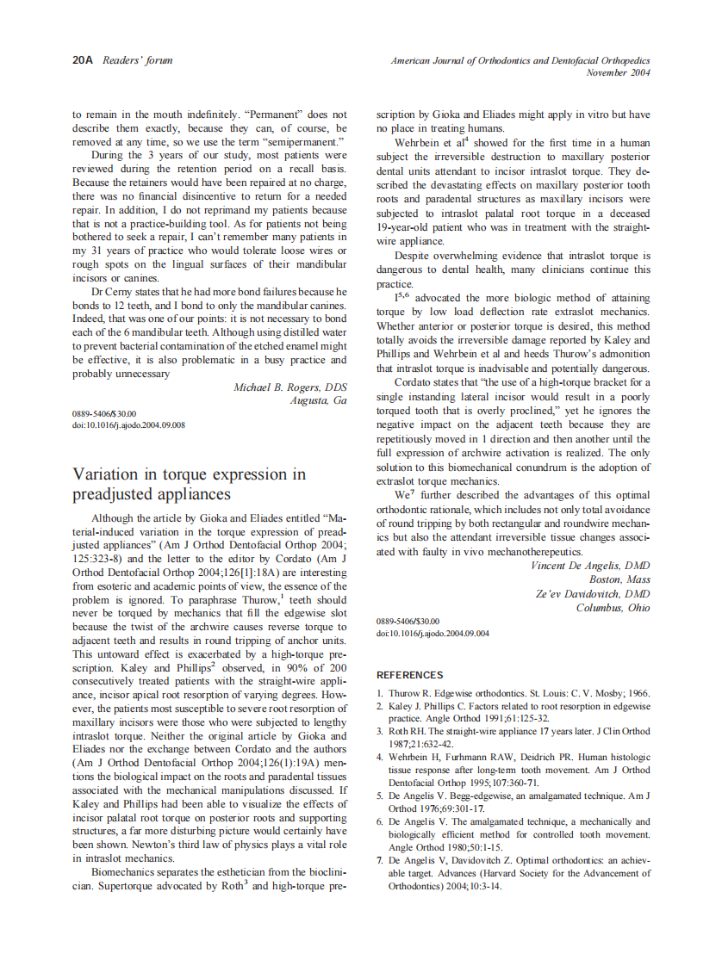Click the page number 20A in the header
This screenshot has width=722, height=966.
83,60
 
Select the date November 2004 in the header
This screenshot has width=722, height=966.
618,73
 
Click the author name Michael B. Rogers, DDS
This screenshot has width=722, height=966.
289,387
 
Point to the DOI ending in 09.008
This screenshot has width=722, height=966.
128,424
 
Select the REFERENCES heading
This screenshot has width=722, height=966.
410,675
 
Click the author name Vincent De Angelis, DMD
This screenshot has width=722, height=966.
589,566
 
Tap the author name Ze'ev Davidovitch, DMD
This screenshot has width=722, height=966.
593,594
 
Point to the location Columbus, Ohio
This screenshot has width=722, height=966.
613,608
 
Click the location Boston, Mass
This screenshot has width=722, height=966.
619,579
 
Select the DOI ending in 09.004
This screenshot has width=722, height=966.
433,633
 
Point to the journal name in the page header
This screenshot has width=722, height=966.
520,61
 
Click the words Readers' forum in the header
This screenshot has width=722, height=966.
137,60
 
